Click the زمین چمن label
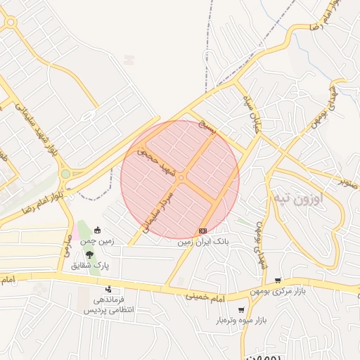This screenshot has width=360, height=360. click(x=97, y=240)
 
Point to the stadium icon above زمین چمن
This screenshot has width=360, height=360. click(x=97, y=229)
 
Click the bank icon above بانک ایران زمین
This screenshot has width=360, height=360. click(x=203, y=231)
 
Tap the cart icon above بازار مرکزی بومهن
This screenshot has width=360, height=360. click(x=278, y=281)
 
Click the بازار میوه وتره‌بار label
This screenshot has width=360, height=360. click(x=242, y=321)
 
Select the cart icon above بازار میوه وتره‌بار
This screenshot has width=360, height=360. click(x=242, y=310)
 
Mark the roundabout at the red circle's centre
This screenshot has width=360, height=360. click(x=181, y=179)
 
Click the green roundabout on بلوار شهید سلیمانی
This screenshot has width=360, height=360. click(x=65, y=174)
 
